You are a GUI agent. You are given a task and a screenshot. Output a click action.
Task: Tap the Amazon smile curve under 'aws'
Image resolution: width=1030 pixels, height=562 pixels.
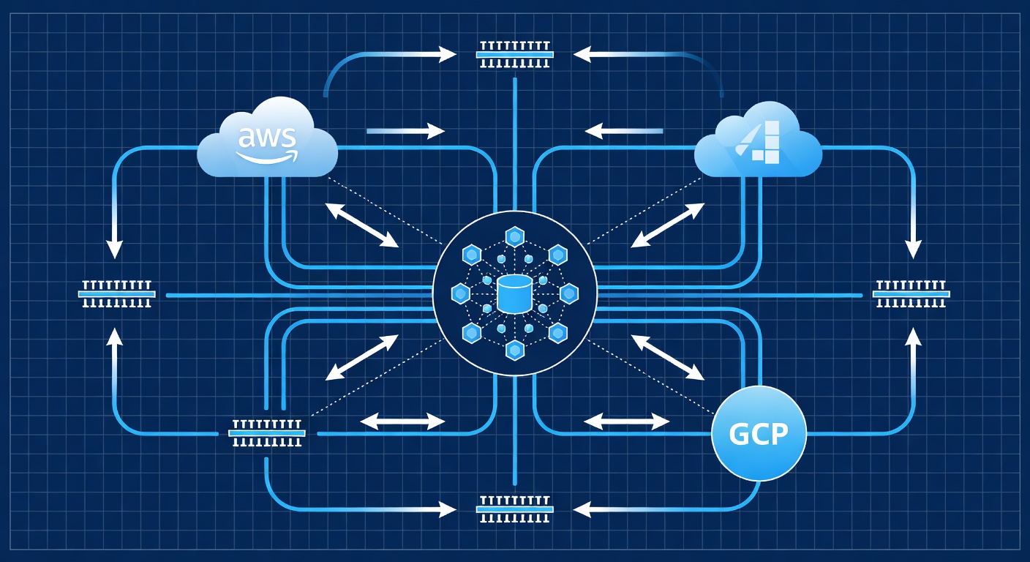pyautogui.click(x=266, y=157)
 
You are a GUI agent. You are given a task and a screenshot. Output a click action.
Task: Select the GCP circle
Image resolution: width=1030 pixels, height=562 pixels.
pyautogui.click(x=759, y=433)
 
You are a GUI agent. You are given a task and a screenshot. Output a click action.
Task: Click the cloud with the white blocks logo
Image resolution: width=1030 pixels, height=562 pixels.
pyautogui.click(x=758, y=147)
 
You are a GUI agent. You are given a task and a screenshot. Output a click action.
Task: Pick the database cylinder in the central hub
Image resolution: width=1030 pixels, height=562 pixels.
pyautogui.click(x=514, y=294)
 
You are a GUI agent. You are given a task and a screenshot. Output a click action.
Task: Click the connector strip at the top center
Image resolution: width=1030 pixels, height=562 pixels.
pyautogui.click(x=515, y=54)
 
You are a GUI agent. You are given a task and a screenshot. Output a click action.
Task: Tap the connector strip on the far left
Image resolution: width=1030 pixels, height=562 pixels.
pyautogui.click(x=117, y=294)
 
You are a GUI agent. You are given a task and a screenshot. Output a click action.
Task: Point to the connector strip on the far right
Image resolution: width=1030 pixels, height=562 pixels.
pyautogui.click(x=911, y=294)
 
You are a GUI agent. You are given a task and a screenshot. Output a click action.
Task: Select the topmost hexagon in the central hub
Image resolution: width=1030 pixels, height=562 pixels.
pyautogui.click(x=515, y=236)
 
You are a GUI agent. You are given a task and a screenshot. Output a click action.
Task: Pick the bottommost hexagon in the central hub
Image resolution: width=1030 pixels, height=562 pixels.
pyautogui.click(x=515, y=351)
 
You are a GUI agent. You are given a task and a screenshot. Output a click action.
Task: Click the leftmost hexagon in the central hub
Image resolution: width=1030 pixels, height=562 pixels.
pyautogui.click(x=460, y=294)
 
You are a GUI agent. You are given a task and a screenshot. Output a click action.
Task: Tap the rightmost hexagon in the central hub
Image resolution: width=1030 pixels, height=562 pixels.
pyautogui.click(x=569, y=294)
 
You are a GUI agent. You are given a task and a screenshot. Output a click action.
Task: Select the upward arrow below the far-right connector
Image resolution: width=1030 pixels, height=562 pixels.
pyautogui.click(x=913, y=351)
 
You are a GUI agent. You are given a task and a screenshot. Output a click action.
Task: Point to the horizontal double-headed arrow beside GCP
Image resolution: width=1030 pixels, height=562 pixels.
pyautogui.click(x=627, y=421)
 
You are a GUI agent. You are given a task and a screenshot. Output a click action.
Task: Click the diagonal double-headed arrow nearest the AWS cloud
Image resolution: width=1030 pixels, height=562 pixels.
pyautogui.click(x=361, y=225)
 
